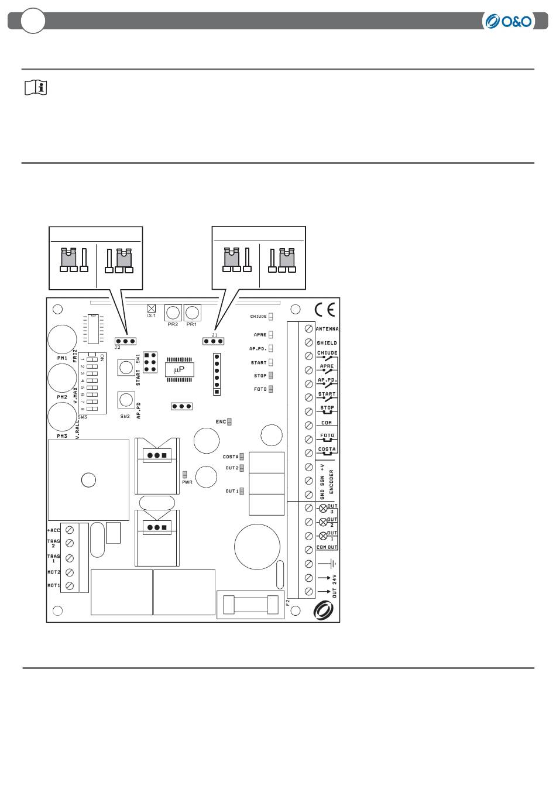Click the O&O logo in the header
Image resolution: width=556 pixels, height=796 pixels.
pos(508,22)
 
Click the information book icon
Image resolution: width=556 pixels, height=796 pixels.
pos(36,88)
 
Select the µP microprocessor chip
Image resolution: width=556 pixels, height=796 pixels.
pos(179,369)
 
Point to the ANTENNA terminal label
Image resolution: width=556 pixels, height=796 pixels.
pos(327,329)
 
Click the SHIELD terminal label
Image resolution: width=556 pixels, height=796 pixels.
pos(327,343)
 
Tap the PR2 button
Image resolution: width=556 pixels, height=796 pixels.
pos(173,311)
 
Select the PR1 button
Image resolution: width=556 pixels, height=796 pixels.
pos(191,311)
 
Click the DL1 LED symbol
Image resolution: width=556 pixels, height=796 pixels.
pos(152,308)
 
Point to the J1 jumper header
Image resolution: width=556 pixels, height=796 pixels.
pos(214,341)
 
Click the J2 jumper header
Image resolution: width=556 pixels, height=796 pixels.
pos(125,341)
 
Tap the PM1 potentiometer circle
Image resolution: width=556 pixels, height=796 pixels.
pos(61,338)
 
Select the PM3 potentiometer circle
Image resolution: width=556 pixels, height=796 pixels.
pos(61,417)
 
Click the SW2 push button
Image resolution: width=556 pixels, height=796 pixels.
pos(125,400)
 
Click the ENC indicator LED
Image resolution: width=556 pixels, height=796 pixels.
pos(230,421)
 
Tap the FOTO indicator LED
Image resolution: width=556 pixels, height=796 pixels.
pos(271,389)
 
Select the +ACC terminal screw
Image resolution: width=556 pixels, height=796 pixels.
pos(70,530)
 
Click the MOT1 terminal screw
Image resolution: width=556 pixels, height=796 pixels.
pos(70,586)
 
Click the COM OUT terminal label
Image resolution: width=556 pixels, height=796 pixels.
pos(327,547)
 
